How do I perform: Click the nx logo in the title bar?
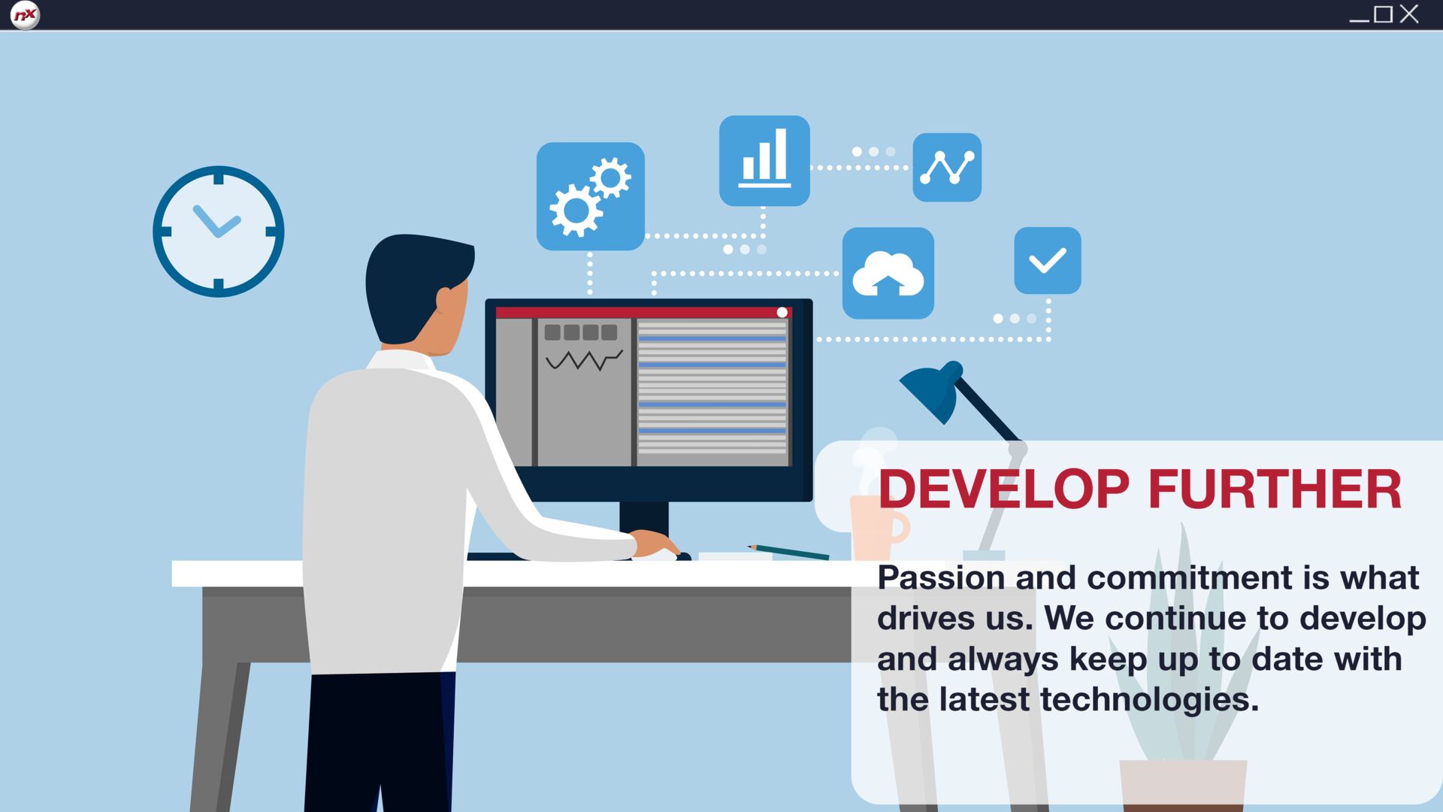click(25, 15)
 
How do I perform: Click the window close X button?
click(1409, 14)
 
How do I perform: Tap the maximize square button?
click(1383, 14)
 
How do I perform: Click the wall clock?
click(219, 232)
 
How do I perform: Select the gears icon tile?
click(591, 196)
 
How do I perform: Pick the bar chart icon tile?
click(764, 161)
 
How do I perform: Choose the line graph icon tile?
click(947, 168)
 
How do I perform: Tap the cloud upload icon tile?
click(888, 273)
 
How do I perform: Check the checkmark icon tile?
click(1048, 261)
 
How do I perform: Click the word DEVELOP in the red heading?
click(1003, 489)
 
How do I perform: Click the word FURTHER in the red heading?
click(1275, 489)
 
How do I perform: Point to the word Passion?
click(941, 578)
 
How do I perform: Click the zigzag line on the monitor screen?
click(584, 361)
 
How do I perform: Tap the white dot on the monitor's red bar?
click(782, 312)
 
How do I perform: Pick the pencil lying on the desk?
click(788, 552)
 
